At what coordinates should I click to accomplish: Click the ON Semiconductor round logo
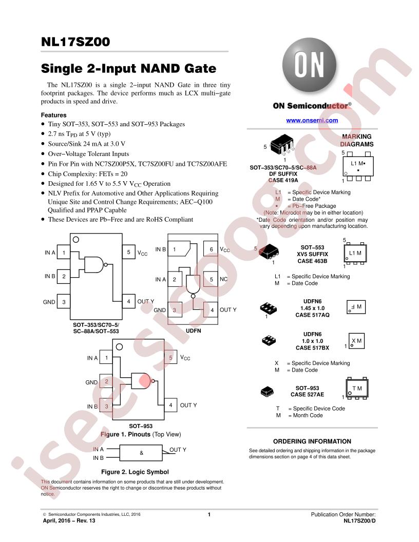[x=309, y=65]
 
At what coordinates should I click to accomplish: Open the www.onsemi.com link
[x=312, y=120]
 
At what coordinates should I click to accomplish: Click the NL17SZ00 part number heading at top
[x=75, y=42]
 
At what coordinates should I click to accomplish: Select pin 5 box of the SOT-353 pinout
[x=128, y=252]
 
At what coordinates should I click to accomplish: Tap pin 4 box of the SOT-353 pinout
[x=128, y=301]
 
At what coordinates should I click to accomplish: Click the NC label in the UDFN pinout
[x=224, y=279]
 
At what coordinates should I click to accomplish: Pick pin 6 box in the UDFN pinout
[x=211, y=249]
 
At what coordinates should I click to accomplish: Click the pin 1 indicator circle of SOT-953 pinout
[x=119, y=346]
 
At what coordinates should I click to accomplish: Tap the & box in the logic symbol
[x=141, y=453]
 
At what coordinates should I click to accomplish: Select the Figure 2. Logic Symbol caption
[x=135, y=472]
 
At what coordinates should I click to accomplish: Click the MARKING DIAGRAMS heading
[x=357, y=140]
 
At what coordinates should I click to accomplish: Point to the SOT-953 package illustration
[x=266, y=392]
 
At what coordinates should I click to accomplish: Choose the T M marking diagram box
[x=357, y=389]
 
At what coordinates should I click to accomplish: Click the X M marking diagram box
[x=356, y=341]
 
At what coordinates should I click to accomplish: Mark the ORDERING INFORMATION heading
[x=312, y=441]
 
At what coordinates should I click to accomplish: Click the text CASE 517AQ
[x=313, y=315]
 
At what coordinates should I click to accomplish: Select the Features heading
[x=53, y=115]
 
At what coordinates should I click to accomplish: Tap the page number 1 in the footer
[x=209, y=514]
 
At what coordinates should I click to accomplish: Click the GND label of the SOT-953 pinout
[x=91, y=382]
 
